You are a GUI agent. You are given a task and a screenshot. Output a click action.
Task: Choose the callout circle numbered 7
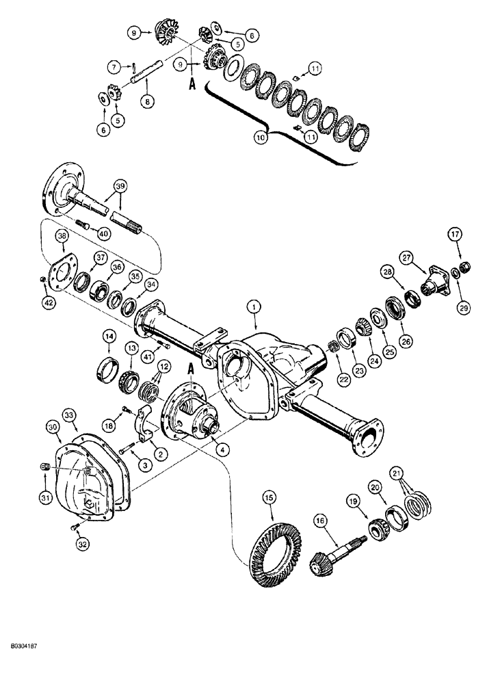click(x=114, y=66)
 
